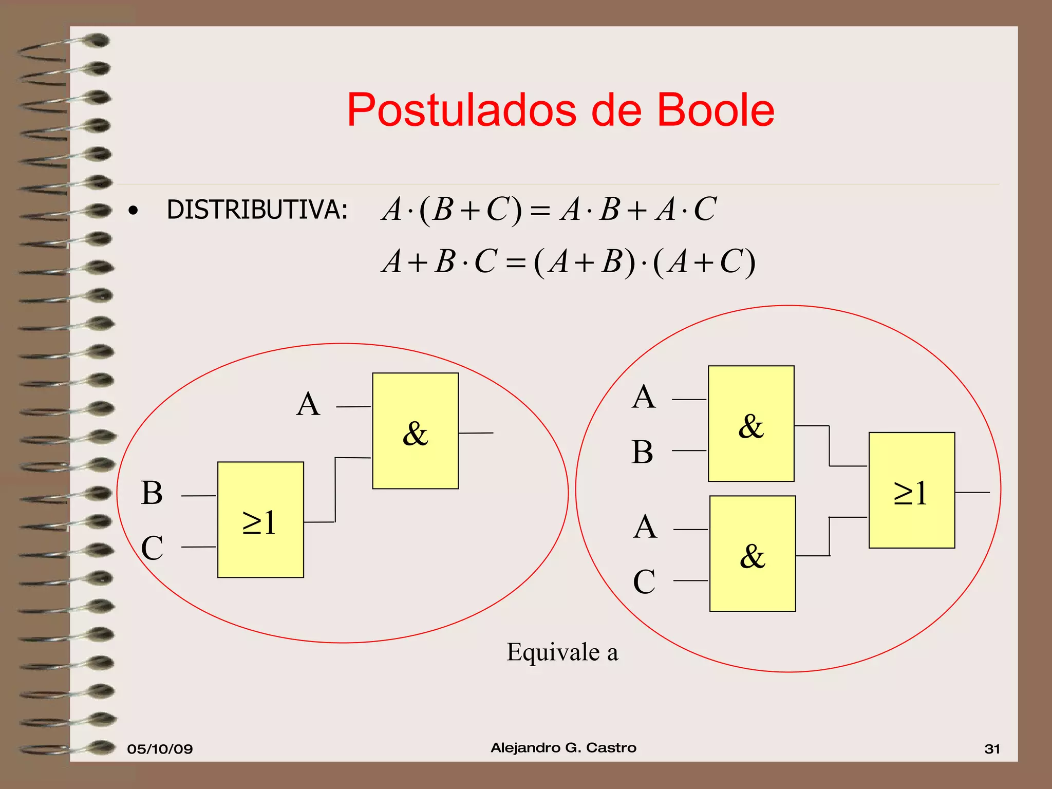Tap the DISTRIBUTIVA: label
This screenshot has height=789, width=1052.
click(x=257, y=210)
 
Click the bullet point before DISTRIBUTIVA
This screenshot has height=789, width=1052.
click(x=134, y=211)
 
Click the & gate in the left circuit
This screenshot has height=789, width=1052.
click(x=415, y=430)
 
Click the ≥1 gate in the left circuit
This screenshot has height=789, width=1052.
click(x=260, y=520)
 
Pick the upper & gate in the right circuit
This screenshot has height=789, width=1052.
click(x=751, y=423)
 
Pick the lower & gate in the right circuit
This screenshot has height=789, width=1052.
click(x=753, y=554)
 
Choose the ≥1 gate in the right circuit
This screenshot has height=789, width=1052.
click(x=912, y=491)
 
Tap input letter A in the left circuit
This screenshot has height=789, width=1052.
click(x=308, y=404)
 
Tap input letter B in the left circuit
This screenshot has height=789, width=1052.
click(x=152, y=493)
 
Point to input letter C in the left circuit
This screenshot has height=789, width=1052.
click(x=152, y=548)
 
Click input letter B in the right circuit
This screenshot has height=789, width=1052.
click(x=642, y=452)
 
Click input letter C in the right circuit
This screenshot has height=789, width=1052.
click(x=644, y=582)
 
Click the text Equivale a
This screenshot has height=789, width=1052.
click(x=562, y=652)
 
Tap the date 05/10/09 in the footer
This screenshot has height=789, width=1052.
click(x=160, y=749)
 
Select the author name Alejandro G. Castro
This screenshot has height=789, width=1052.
click(x=563, y=748)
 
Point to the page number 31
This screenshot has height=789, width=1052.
click(x=992, y=749)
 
